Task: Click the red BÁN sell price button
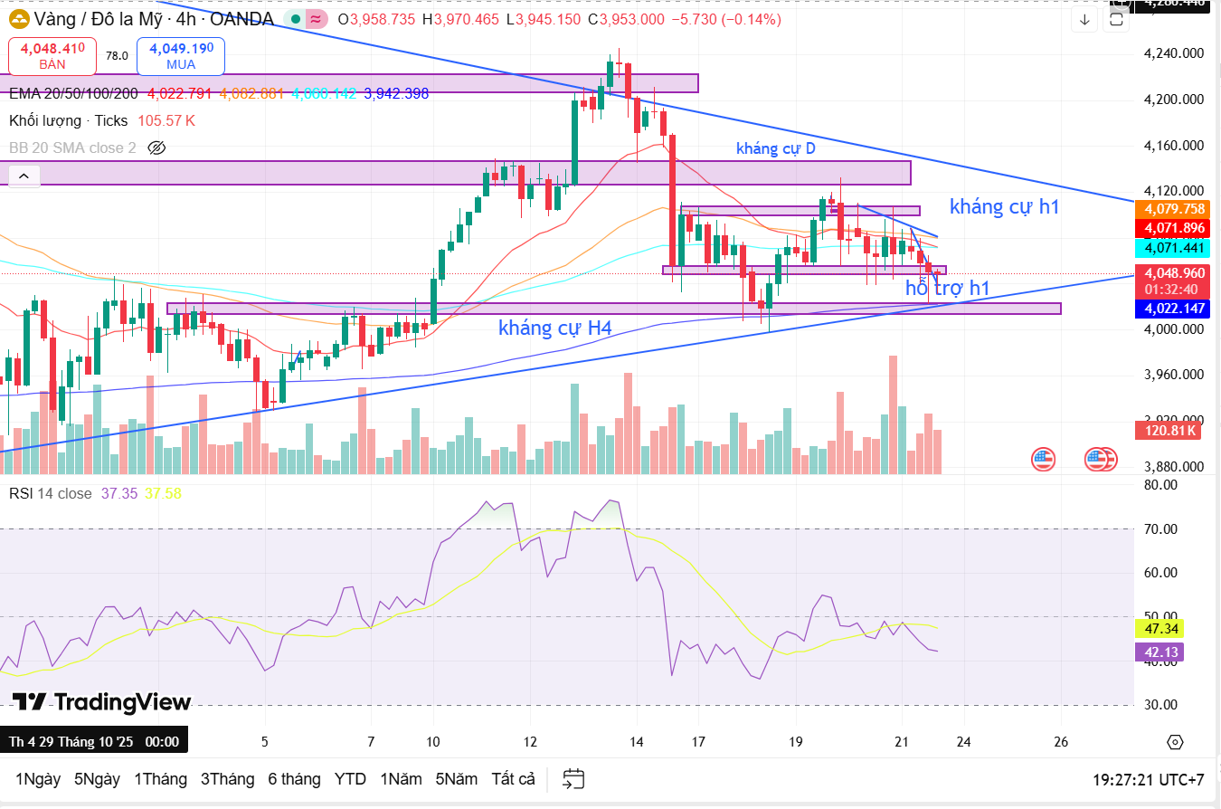coord(52,55)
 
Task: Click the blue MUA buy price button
coord(181,55)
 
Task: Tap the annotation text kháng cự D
coord(775,148)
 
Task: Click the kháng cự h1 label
coord(1004,206)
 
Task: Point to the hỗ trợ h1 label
coord(948,288)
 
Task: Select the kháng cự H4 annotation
coord(554,328)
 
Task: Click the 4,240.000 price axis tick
coord(1173,53)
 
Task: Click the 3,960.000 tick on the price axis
coord(1173,375)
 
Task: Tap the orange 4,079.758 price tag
coord(1173,209)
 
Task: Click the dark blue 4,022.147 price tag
coord(1173,309)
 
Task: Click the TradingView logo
coord(101,702)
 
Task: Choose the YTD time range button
coord(350,779)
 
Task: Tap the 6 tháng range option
coord(294,779)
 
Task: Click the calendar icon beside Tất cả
coord(573,779)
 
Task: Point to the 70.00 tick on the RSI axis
coord(1160,529)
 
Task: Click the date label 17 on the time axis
coord(697,742)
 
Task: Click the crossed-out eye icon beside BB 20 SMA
coord(156,148)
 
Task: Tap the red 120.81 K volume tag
coord(1168,431)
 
